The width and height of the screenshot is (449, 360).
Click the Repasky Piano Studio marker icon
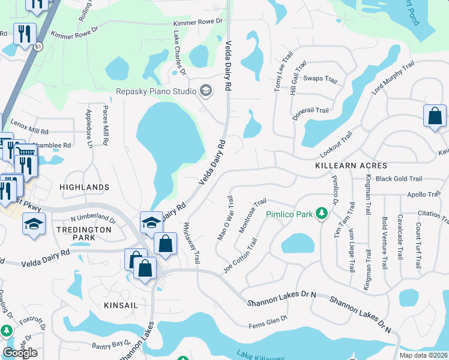pyautogui.click(x=206, y=91)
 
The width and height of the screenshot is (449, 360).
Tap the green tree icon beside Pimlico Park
pyautogui.click(x=322, y=214)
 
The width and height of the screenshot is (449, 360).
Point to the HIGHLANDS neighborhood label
pyautogui.click(x=85, y=187)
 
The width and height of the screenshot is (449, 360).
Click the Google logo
pyautogui.click(x=20, y=353)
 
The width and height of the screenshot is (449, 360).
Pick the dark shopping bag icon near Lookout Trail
pyautogui.click(x=434, y=116)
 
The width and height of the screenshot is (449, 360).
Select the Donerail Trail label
pyautogui.click(x=310, y=110)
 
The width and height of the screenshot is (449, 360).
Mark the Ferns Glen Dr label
pyautogui.click(x=269, y=325)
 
